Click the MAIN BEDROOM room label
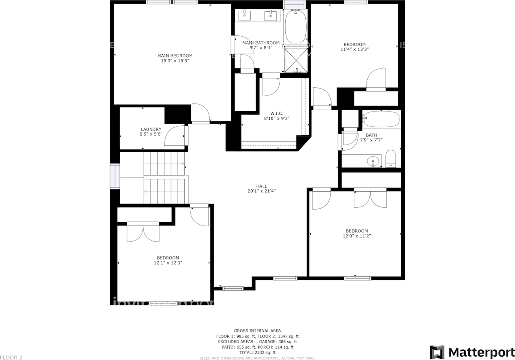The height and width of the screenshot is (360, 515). [175, 56]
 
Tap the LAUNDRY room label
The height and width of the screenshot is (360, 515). [151, 129]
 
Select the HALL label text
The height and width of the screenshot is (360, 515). [262, 186]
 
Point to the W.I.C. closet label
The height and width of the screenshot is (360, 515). [277, 114]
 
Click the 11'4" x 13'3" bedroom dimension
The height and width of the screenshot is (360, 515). [354, 50]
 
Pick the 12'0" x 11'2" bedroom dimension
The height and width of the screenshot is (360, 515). [354, 236]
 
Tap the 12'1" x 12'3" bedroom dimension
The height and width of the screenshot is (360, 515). [168, 263]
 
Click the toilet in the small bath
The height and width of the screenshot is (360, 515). [391, 159]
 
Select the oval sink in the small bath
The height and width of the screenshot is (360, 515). [373, 161]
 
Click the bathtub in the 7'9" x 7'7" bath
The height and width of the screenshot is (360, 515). [381, 119]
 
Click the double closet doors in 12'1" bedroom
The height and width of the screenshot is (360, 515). [143, 232]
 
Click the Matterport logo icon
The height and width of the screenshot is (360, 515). [437, 352]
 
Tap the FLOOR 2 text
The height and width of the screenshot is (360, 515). [12, 357]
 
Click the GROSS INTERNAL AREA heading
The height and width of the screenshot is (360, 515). [257, 331]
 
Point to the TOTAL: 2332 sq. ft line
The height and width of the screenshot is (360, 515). [257, 352]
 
